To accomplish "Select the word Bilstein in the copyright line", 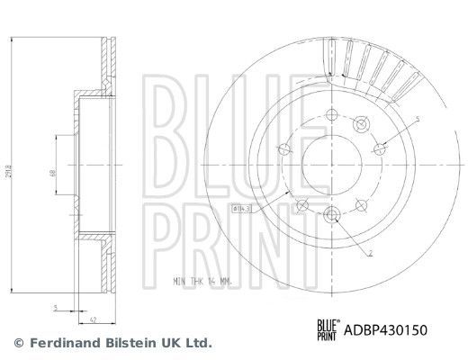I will [128, 343].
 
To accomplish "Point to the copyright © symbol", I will [17, 343].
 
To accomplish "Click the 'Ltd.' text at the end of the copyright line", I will [199, 343].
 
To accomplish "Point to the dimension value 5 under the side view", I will [55, 307].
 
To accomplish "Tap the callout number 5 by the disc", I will [418, 118].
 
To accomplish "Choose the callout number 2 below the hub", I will [370, 255].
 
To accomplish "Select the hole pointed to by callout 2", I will [330, 213].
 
